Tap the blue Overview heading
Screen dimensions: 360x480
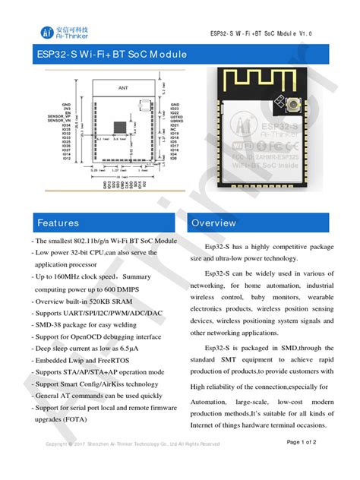point(214,223)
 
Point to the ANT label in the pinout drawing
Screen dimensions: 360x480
point(123,88)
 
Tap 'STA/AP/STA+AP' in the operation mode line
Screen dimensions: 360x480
point(92,371)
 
